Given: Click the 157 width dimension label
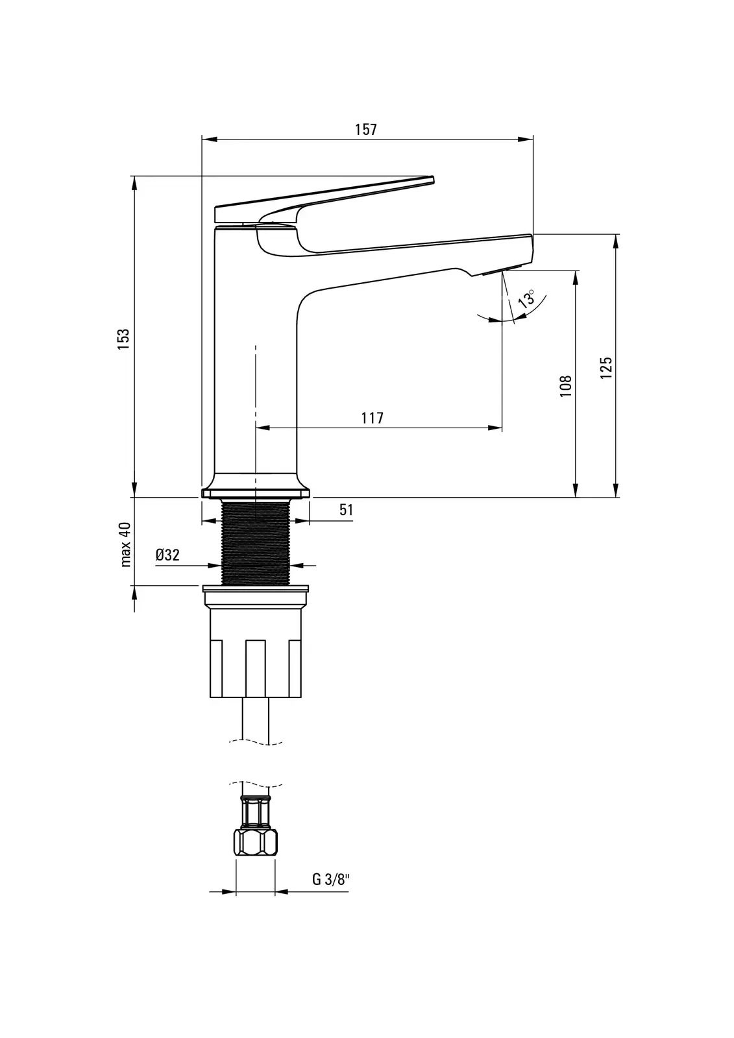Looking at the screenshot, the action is point(366,129).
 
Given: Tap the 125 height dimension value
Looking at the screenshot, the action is point(606,367).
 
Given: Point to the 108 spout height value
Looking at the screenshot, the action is point(566,386).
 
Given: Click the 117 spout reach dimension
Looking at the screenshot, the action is point(373,418).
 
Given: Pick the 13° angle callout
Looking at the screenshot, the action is point(526,298).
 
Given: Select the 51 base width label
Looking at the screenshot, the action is point(347,510).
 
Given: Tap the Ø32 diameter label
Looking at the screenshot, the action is point(167,555).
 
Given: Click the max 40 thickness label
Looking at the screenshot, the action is point(126,544).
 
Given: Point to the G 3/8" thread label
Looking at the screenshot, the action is point(330,879).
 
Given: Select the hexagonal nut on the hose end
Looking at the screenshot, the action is point(256,842).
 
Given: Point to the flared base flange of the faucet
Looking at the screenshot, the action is point(256,486).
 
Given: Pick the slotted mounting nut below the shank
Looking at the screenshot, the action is point(256,657).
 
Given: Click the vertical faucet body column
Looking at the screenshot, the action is point(256,352).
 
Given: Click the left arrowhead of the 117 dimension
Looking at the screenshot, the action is point(263,428).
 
